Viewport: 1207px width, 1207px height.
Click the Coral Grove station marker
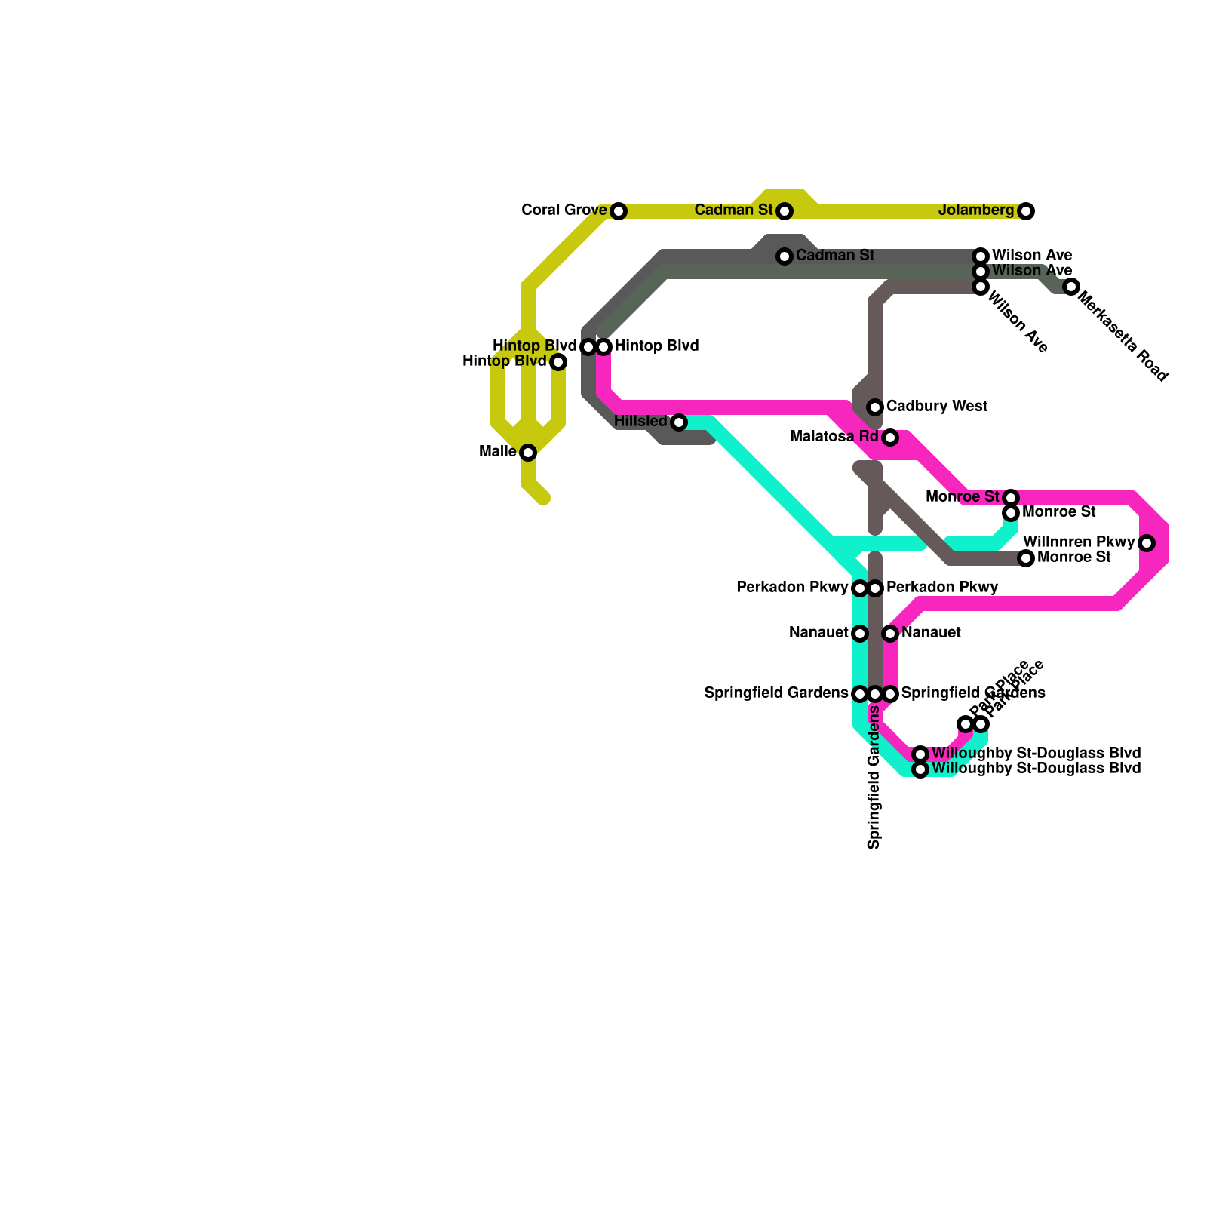[619, 211]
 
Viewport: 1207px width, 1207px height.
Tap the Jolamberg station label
[976, 210]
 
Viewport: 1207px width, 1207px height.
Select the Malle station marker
[528, 453]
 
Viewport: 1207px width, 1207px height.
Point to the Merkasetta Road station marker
[1071, 287]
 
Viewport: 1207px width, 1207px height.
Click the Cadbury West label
[936, 407]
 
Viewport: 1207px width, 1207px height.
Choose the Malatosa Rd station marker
[890, 438]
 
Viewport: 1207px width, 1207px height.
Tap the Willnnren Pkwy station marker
[1147, 543]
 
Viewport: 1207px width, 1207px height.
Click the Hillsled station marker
[679, 422]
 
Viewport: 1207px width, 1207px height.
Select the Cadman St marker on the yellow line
[785, 211]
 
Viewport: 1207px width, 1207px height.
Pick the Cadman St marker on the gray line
[785, 256]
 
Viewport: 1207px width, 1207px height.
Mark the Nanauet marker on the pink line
[890, 634]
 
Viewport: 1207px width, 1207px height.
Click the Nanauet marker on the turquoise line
[860, 634]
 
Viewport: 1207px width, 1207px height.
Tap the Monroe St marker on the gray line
[1026, 558]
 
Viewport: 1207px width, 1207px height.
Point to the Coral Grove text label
[564, 210]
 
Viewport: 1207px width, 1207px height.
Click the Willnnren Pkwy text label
[1079, 542]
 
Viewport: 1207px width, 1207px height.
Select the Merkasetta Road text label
[1123, 337]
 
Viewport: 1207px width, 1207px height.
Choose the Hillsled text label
[640, 421]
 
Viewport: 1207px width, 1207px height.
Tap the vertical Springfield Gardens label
[874, 777]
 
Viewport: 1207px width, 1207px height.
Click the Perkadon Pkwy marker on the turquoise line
[860, 588]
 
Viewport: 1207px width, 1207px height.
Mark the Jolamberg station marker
[1026, 211]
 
